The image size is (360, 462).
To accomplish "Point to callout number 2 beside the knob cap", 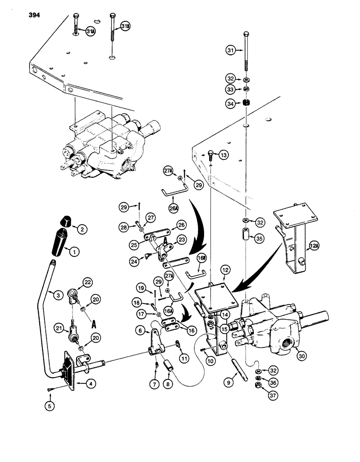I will tap(81, 228).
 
